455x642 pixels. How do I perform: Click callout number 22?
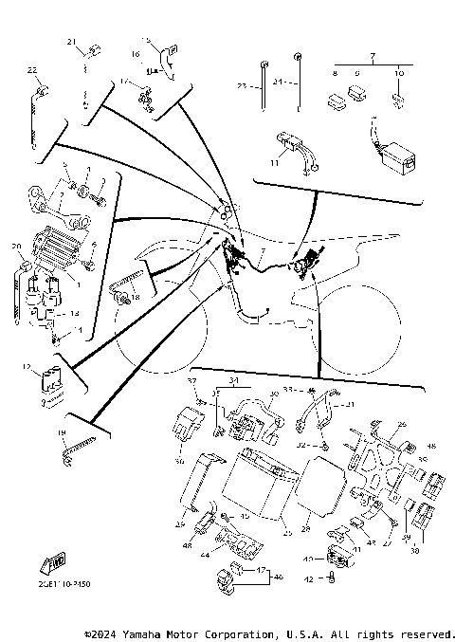(x=31, y=70)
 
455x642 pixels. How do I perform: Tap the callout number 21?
(x=69, y=42)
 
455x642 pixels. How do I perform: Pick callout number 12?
(x=27, y=366)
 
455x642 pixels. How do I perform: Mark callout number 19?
(x=61, y=433)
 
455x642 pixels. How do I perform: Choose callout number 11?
(x=275, y=164)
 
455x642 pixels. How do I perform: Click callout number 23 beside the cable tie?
(x=242, y=86)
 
